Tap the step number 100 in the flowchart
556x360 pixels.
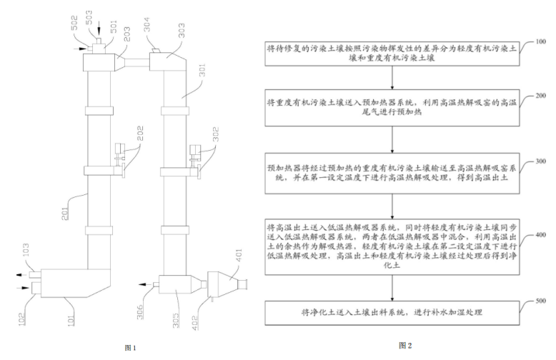pos(536,43)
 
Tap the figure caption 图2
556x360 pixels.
pos(405,345)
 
